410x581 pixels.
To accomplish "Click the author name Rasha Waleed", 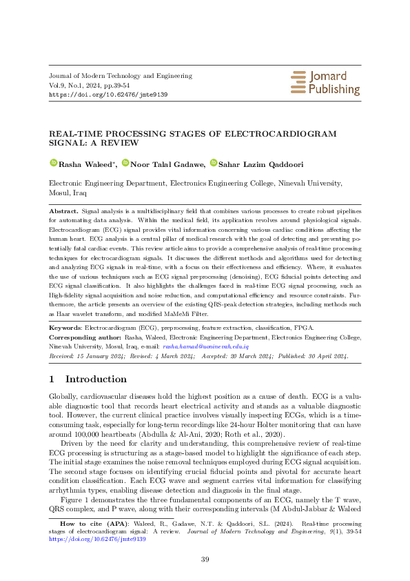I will [79, 164].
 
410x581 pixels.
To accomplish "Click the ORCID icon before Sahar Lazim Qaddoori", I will [214, 164].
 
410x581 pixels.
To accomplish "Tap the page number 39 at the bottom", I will [205, 560].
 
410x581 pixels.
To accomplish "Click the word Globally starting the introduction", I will [64, 397].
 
